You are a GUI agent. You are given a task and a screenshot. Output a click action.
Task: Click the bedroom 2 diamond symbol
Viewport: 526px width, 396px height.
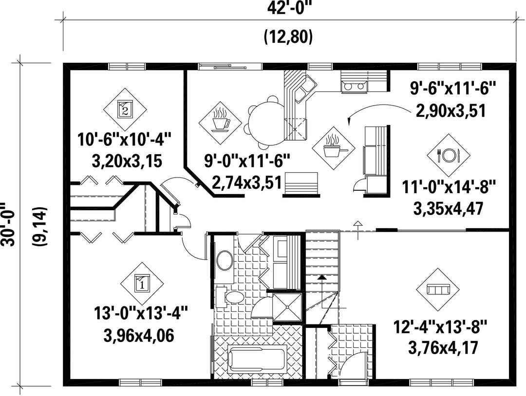point(125,109)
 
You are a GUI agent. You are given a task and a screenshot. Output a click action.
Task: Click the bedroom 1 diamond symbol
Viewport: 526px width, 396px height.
point(142,284)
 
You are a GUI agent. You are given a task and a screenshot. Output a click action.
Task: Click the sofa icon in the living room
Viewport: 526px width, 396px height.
point(438,289)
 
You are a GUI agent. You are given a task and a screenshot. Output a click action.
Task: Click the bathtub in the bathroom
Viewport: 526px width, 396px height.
point(258,360)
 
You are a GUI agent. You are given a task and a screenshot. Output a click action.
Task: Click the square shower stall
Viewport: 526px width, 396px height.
point(287,307)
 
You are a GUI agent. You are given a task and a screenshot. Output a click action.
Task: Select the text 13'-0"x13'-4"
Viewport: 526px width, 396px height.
point(140,315)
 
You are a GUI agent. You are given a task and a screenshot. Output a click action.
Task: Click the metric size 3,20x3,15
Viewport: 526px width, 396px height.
point(127,161)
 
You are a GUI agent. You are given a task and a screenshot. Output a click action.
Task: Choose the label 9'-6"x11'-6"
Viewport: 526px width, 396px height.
point(452,90)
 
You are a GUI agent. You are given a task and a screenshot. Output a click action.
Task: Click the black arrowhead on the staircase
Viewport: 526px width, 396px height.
point(322,277)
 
